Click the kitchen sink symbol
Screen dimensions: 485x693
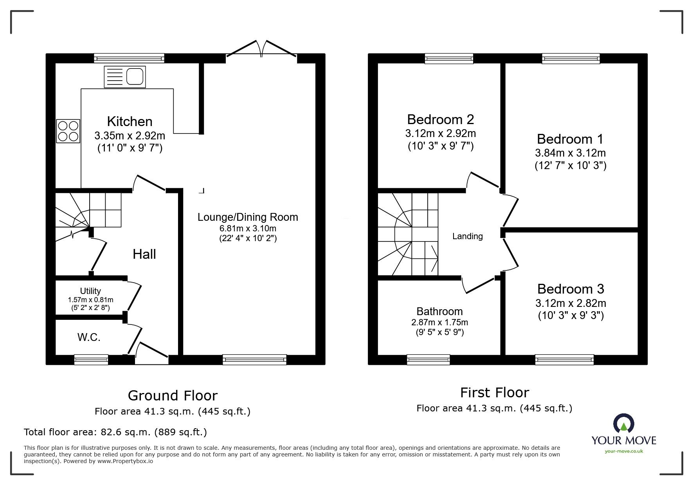124,77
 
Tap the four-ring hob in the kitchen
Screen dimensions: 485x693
68,131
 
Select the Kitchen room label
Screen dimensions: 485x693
130,121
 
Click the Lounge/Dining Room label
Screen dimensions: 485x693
247,217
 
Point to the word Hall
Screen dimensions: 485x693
144,254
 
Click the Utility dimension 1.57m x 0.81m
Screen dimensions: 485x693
90,300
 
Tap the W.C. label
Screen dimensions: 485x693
89,337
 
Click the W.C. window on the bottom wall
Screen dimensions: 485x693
91,359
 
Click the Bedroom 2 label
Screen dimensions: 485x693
440,119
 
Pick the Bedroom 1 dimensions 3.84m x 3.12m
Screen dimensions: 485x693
570,153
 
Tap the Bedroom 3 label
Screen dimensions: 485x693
570,289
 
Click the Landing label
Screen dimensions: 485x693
467,236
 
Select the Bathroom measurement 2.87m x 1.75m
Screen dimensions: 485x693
439,323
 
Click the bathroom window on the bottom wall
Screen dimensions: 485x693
428,359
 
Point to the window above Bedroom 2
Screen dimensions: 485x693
449,59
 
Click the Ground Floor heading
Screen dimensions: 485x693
173,396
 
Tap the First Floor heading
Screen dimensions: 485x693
494,393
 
